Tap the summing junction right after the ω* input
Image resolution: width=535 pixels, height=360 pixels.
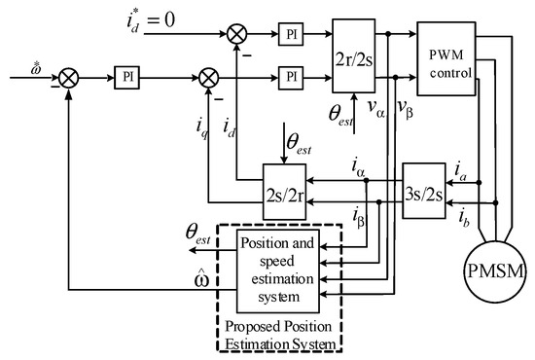[x=67, y=73]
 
